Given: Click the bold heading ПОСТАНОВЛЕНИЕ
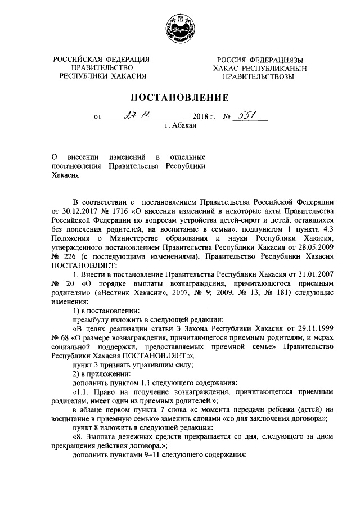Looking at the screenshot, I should click(179, 97).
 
